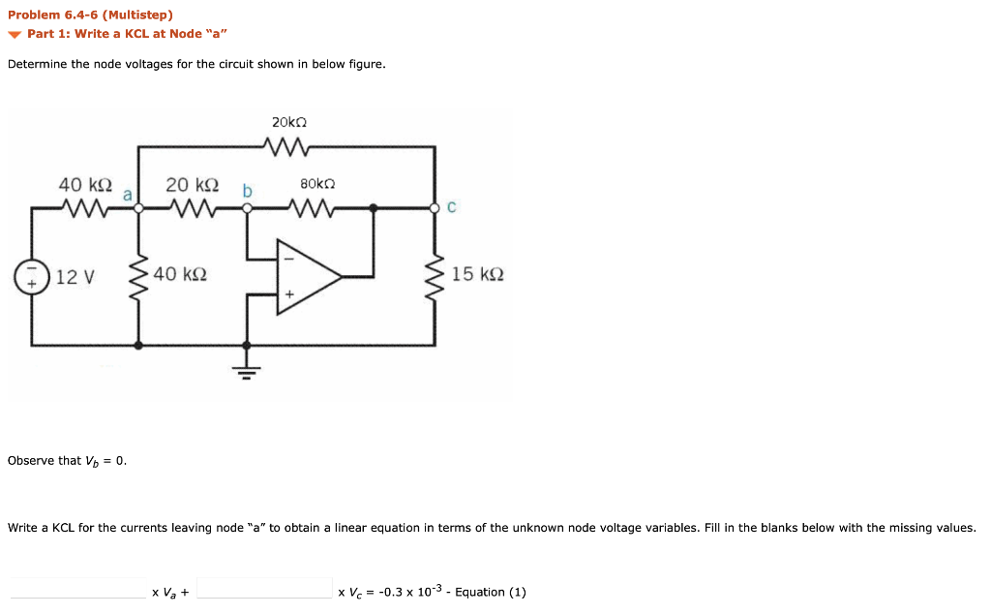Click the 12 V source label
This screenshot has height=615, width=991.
75,276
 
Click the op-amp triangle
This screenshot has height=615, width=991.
308,276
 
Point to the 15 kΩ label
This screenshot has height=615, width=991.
477,275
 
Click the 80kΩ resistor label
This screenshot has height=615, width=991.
317,183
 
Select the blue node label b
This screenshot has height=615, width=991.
247,192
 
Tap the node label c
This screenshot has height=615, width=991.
452,207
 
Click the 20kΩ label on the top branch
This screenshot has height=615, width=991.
289,123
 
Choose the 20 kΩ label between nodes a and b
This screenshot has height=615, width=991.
192,184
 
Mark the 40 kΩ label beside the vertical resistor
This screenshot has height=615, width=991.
180,275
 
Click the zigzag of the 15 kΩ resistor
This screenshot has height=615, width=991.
435,275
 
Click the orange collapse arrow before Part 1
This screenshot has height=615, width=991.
15,35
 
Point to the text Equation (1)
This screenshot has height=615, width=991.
491,592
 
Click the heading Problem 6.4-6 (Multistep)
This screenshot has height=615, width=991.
90,15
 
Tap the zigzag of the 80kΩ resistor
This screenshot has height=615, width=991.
311,206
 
